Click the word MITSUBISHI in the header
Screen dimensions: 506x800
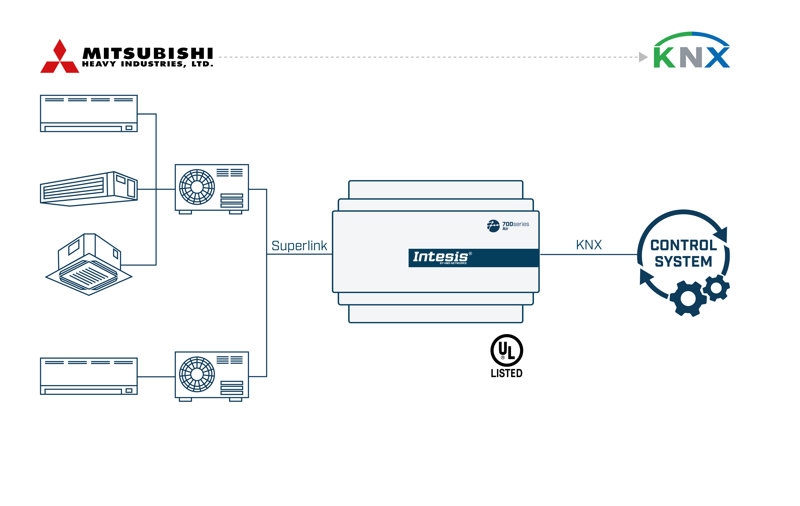click(x=148, y=53)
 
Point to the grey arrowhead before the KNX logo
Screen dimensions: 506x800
click(x=643, y=57)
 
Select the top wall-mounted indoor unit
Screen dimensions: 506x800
click(x=89, y=113)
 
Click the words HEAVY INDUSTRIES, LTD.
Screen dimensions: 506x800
click(x=148, y=64)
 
